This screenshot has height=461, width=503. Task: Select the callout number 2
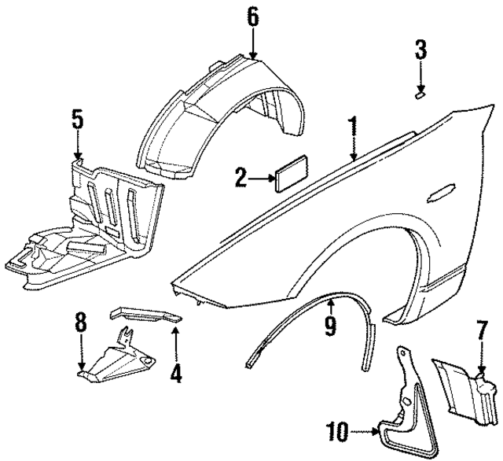coord(240,179)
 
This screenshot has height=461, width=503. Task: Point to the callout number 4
coord(176,371)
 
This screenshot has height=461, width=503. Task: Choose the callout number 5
coord(76,120)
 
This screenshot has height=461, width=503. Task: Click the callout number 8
coord(81,323)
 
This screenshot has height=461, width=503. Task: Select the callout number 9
coord(331,323)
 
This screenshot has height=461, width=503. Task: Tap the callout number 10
coord(336,431)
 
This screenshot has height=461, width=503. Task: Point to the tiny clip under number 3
coord(421,95)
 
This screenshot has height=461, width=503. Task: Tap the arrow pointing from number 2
coord(259,179)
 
